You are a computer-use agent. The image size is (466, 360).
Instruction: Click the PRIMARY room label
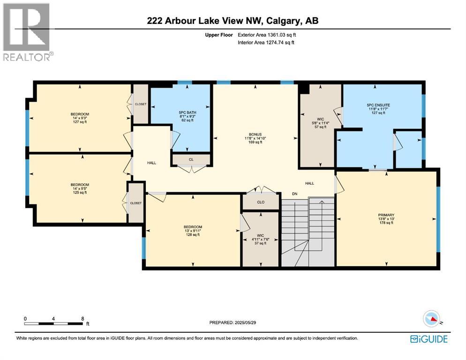coord(386,215)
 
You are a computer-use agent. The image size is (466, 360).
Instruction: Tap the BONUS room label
coord(256,135)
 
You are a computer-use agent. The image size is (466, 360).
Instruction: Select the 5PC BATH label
coord(187,112)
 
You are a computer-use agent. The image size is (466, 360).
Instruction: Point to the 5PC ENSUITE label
coord(378,105)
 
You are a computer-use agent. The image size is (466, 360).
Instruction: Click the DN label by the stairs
coord(294,194)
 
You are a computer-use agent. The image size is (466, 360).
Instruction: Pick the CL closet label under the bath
coord(191,160)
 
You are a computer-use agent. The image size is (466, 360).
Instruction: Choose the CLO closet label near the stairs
coord(261,202)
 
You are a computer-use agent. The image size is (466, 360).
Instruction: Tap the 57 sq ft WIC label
coord(320,119)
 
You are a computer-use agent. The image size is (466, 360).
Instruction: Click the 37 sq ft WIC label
coord(260,235)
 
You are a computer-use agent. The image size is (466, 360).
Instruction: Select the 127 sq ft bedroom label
coord(80,114)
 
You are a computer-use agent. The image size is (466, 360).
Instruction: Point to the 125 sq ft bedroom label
coord(80,185)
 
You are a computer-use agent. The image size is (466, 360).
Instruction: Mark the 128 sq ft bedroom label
coord(193,227)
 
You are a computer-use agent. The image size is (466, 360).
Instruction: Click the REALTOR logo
coord(28,32)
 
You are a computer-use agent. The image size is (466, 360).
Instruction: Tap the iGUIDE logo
coord(429,339)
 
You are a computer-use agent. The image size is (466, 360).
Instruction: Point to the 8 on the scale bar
coord(83,319)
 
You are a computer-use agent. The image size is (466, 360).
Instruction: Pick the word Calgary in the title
coord(283,21)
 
